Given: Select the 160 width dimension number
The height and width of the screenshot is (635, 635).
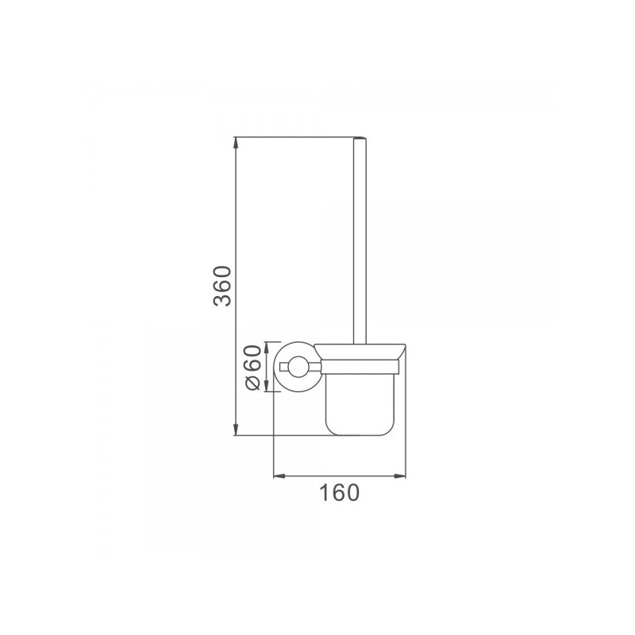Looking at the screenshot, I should click(339, 494).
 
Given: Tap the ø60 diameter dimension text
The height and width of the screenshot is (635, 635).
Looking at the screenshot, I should click(252, 367).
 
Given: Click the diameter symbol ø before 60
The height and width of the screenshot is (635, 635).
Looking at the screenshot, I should click(252, 383).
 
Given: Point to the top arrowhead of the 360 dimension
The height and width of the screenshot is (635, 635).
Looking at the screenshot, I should click(236, 143).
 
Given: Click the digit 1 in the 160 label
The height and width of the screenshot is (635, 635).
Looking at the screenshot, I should click(325, 494).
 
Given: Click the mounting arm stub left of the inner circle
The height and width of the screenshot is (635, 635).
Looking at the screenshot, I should click(282, 366).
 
